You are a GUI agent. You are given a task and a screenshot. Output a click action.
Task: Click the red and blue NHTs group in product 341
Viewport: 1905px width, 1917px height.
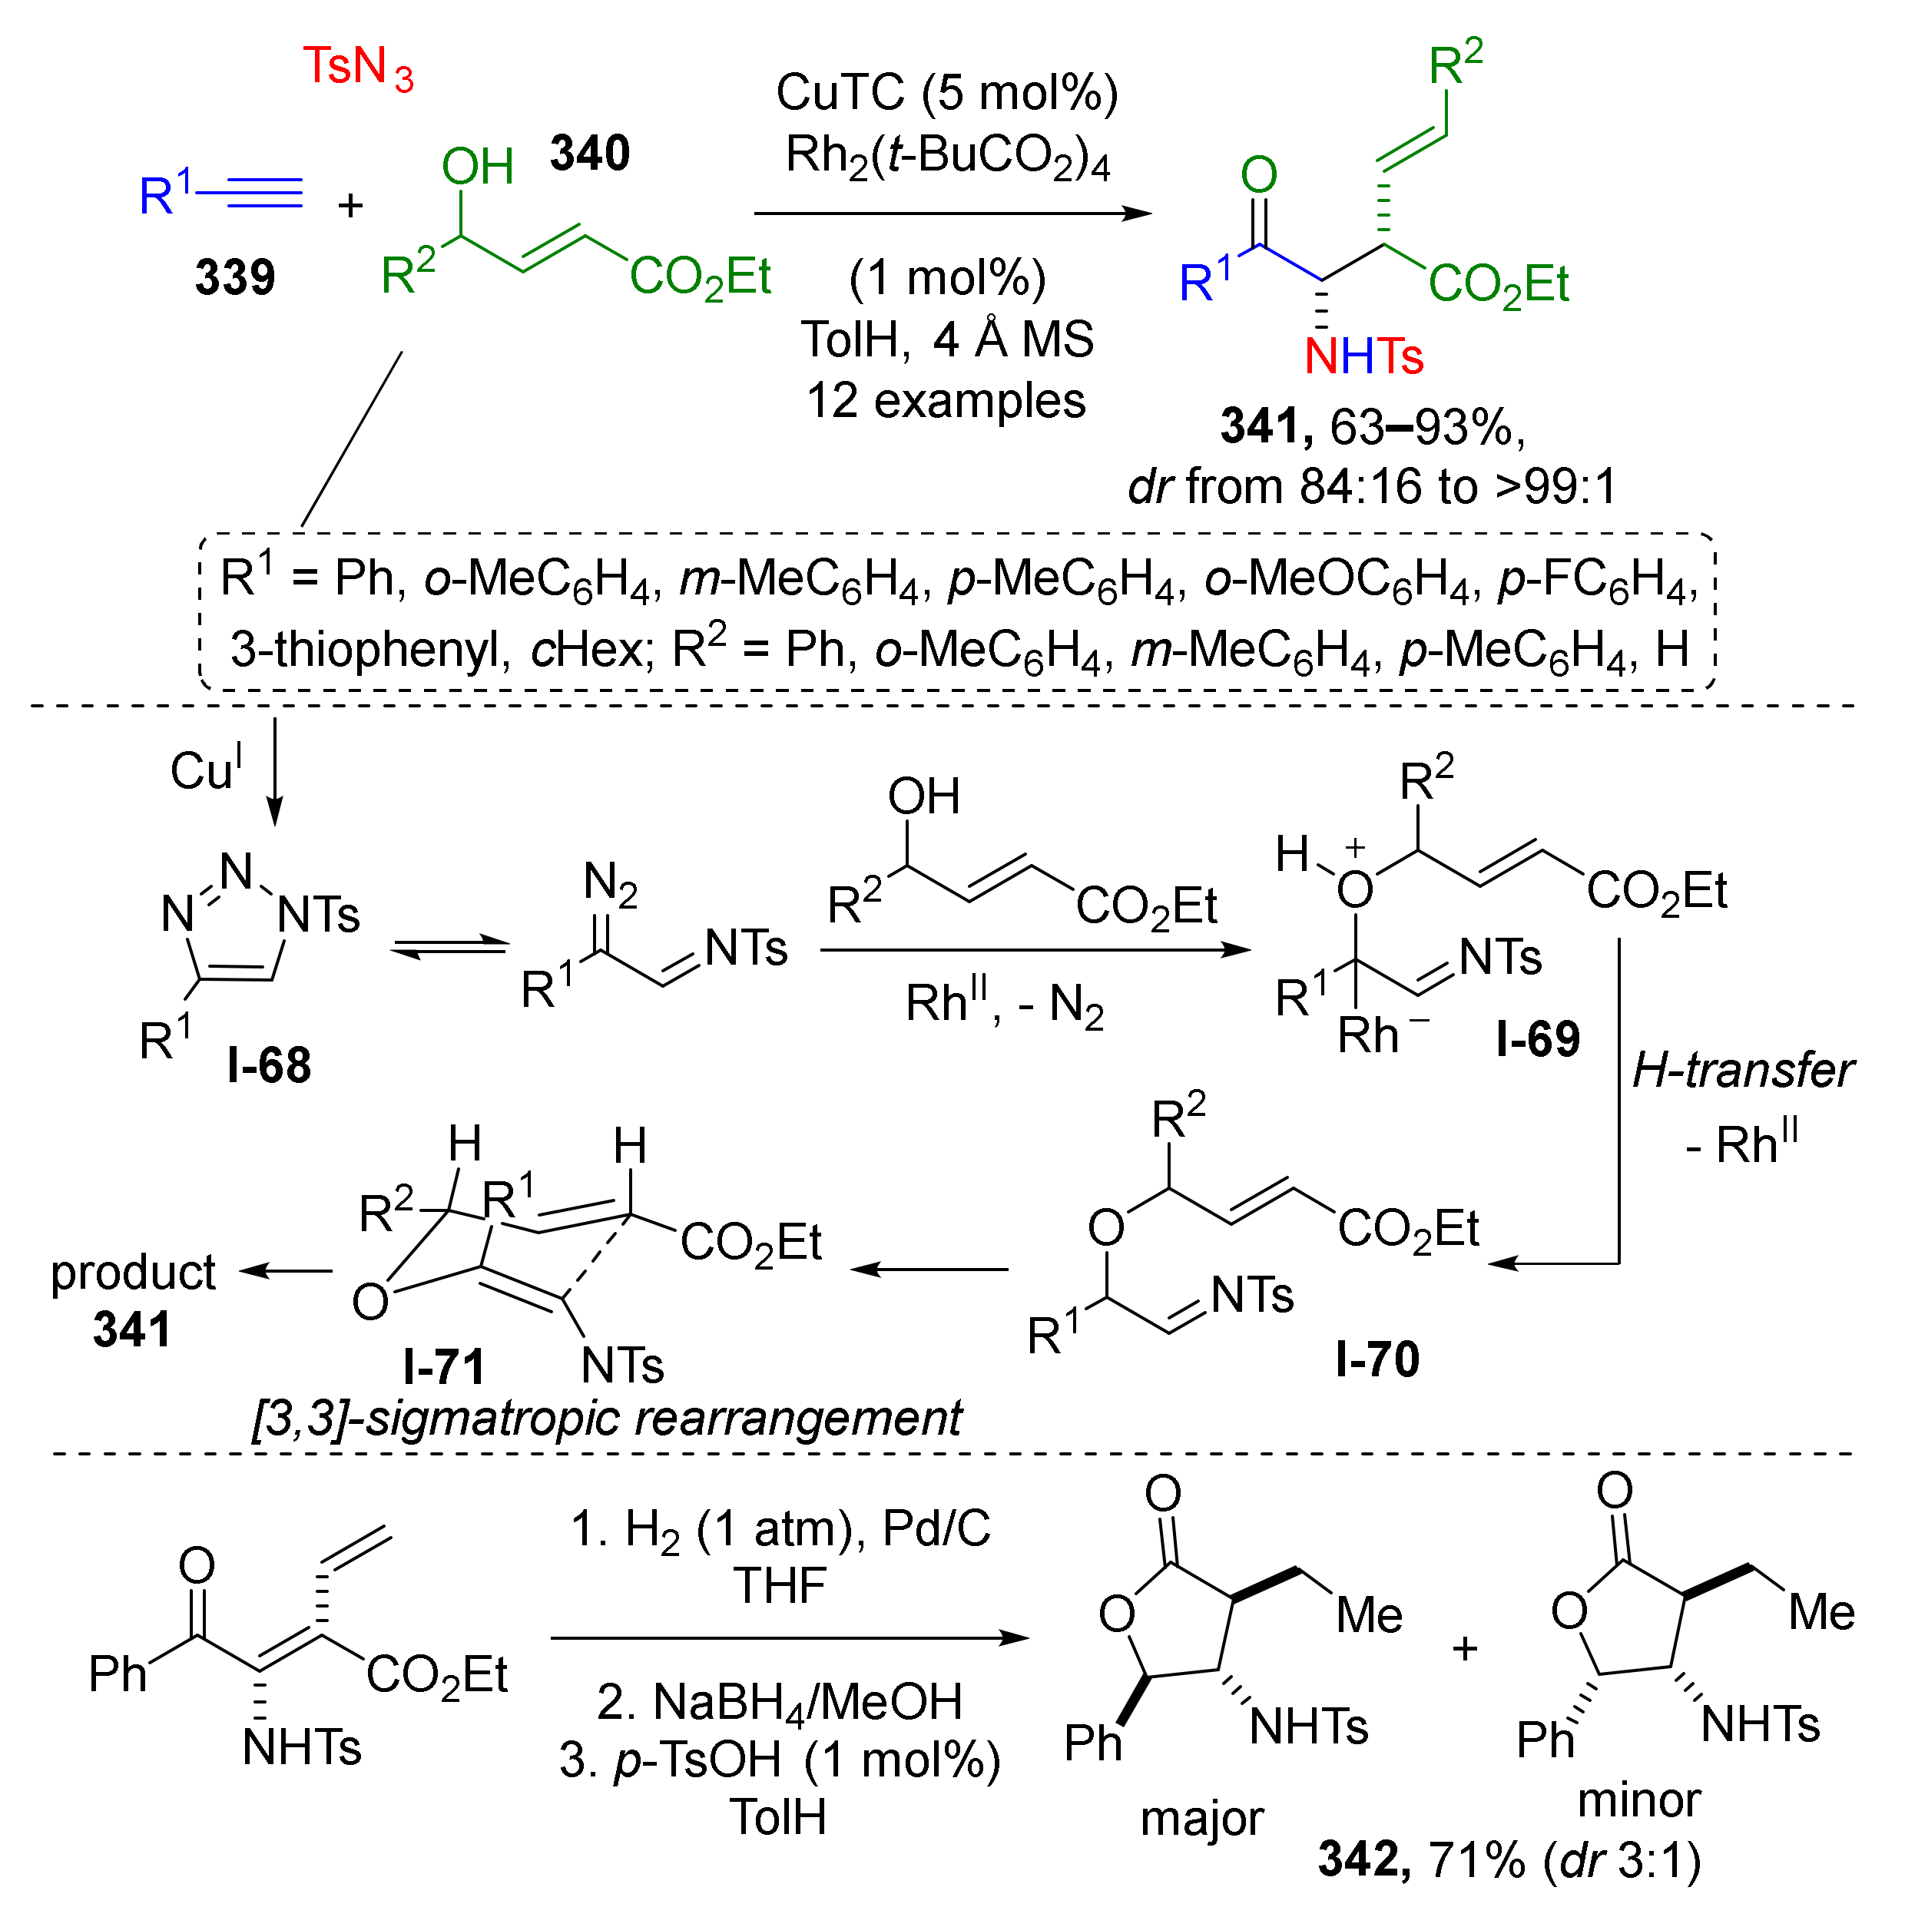click(1363, 356)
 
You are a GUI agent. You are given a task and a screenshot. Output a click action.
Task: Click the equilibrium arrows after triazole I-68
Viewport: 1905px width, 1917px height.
click(449, 948)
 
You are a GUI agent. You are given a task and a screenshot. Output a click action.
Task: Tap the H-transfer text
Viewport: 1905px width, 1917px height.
click(1742, 1071)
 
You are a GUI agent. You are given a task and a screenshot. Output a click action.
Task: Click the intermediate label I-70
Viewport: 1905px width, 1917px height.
click(1377, 1359)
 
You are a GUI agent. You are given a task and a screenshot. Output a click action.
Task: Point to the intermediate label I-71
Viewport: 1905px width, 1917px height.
click(443, 1367)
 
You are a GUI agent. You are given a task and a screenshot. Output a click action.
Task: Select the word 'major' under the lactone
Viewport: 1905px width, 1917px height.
click(1201, 1819)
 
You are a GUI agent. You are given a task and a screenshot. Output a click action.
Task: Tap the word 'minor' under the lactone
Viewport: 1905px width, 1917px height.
click(1639, 1800)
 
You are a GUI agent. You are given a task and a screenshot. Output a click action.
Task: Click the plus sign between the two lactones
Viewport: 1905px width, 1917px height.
click(1464, 1648)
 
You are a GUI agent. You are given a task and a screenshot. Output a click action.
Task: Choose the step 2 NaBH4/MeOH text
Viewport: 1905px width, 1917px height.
click(780, 1703)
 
